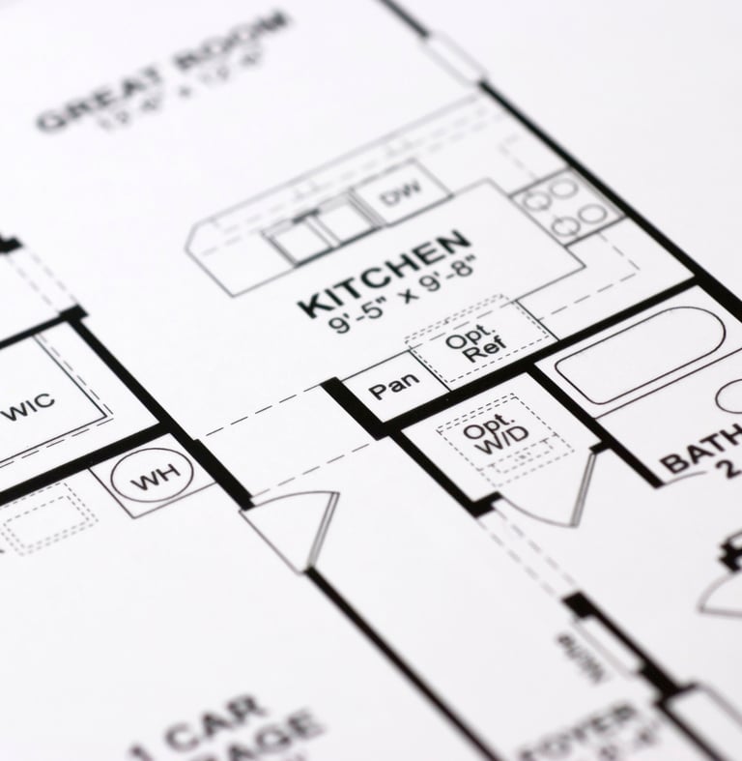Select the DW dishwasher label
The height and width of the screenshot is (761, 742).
(397, 197)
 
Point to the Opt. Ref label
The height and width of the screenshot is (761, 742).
(470, 346)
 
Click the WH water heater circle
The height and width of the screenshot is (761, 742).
(153, 478)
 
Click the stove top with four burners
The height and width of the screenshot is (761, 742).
(564, 206)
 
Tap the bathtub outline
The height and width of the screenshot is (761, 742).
(638, 354)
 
